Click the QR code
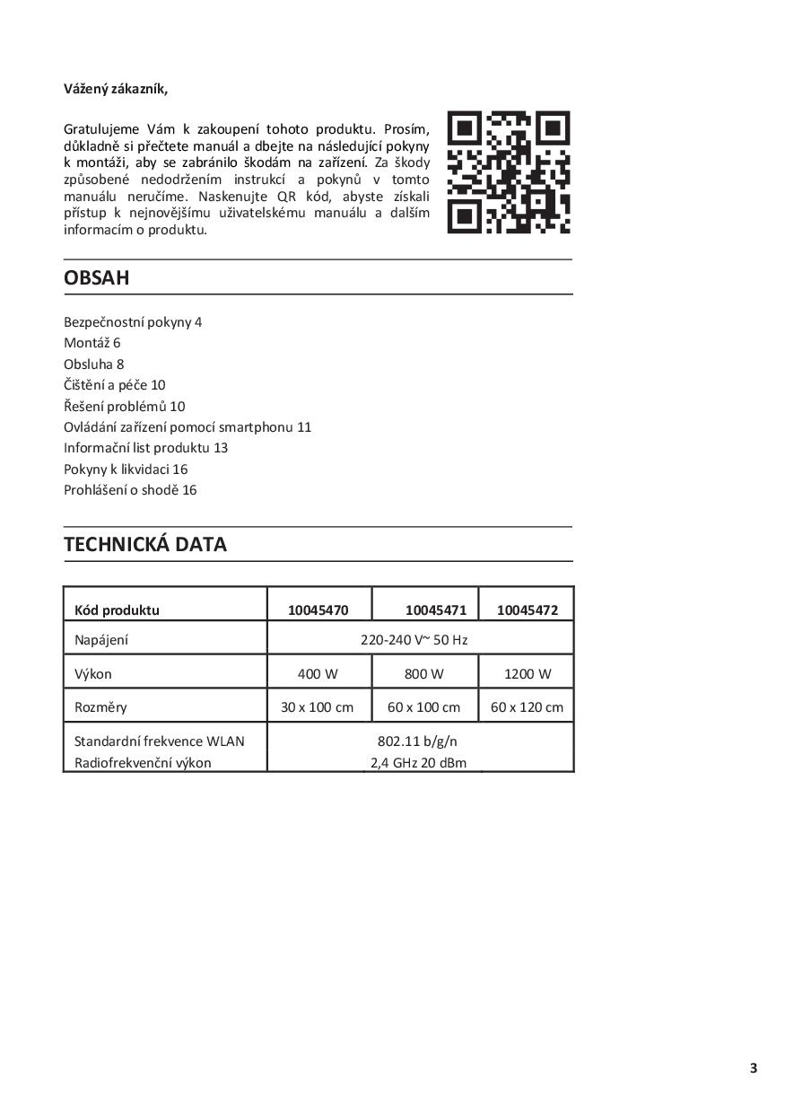(508, 172)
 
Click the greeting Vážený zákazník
(116, 88)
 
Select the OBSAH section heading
(97, 277)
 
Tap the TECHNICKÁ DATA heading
(145, 544)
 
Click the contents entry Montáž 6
(92, 343)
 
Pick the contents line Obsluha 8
(93, 364)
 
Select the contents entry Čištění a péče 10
(115, 384)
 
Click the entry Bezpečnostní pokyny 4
(133, 321)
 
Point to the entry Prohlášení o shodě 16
(130, 489)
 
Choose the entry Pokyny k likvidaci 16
(126, 469)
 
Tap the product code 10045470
(318, 610)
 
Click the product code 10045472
(528, 610)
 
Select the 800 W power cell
(423, 673)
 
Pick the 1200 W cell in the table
(528, 673)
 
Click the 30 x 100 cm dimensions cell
(317, 706)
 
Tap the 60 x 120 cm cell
(528, 706)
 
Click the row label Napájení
(101, 640)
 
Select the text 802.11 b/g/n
(418, 741)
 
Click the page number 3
(754, 1067)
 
